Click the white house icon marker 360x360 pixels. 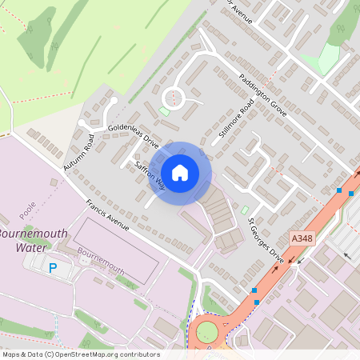click(180, 172)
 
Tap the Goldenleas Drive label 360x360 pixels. click(134, 136)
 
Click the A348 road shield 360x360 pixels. click(302, 239)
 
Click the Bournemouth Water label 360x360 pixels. click(34, 241)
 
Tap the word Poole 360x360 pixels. click(29, 212)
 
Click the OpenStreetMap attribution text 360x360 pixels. click(80, 354)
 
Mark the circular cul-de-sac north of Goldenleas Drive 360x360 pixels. click(174, 98)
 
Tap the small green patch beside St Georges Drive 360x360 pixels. click(245, 210)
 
